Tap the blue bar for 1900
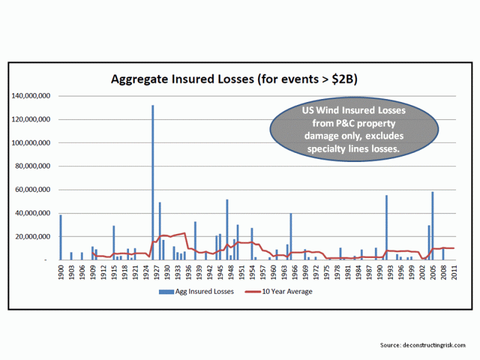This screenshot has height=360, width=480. coord(61,238)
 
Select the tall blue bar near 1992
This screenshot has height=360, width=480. coord(386,228)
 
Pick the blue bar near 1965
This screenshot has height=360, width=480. coord(291,237)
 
